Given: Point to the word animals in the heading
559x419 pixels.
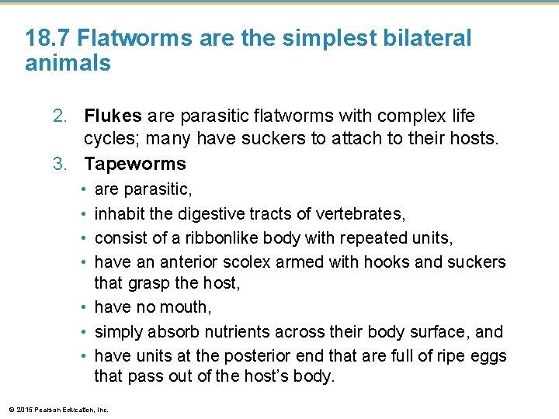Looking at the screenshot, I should click(68, 64).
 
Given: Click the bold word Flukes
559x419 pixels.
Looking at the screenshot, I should click(113, 116).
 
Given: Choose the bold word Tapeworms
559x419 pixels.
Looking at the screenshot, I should click(135, 164).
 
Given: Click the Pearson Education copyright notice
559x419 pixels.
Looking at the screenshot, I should click(57, 410).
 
